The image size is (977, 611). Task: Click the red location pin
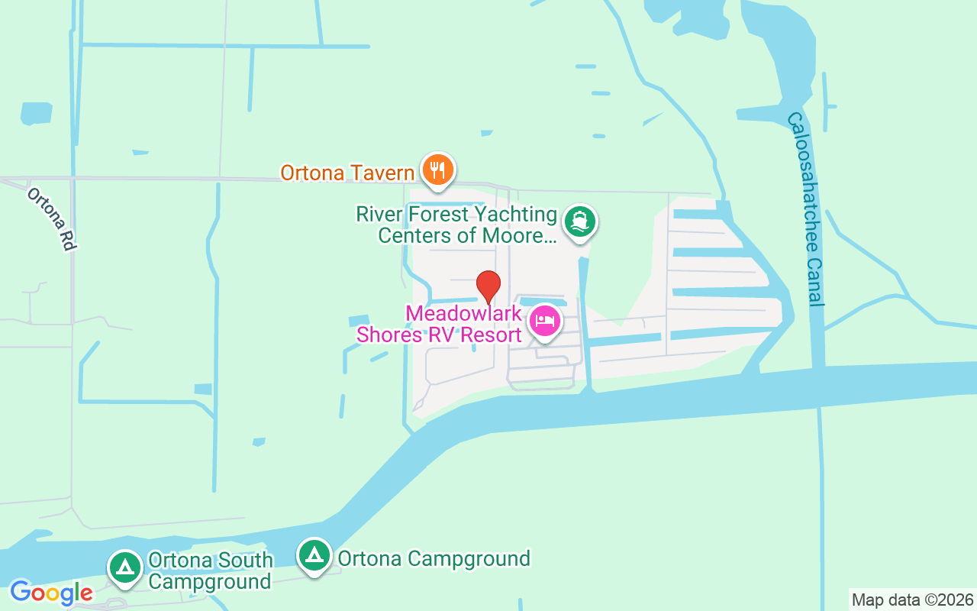tap(488, 286)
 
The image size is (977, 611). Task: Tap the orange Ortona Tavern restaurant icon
tap(437, 170)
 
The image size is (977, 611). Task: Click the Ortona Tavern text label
tap(347, 173)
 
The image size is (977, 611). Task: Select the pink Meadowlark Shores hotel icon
tap(544, 321)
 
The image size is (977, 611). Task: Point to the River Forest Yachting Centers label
tap(456, 225)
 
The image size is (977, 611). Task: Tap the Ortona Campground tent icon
tap(314, 556)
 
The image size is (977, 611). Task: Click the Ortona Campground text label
tap(434, 559)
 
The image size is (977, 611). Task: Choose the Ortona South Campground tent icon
tap(125, 567)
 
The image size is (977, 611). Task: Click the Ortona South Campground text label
tap(210, 571)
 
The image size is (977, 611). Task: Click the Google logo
tap(51, 592)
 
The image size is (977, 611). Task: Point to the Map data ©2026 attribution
tap(912, 600)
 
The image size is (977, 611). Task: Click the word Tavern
tap(379, 173)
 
